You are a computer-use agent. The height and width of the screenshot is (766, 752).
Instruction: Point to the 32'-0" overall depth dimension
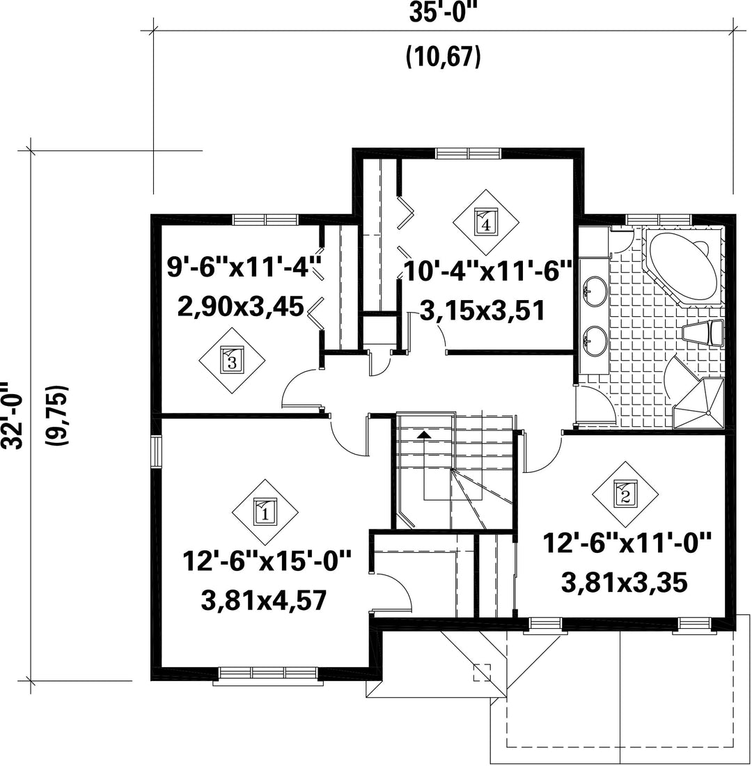(x=13, y=415)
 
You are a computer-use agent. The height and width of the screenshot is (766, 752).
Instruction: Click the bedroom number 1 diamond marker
(x=265, y=513)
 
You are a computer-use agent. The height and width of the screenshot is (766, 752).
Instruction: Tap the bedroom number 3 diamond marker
(x=232, y=361)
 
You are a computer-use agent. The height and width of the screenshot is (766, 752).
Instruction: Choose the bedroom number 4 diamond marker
(x=486, y=221)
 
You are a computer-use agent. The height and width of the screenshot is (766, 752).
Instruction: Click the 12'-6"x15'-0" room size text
(x=267, y=561)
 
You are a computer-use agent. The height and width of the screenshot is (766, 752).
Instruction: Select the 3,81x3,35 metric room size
(x=625, y=583)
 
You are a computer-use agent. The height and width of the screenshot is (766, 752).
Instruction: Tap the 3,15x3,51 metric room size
(x=483, y=311)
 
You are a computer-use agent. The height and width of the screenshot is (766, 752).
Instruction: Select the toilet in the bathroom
(x=703, y=334)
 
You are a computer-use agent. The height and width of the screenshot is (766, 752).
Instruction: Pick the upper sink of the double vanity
(x=595, y=291)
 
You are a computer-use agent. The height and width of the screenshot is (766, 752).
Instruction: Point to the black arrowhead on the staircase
(x=424, y=433)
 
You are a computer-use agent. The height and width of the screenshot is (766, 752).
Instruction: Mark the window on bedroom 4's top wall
(x=469, y=153)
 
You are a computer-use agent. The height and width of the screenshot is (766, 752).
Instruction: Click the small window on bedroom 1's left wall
(x=156, y=451)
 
